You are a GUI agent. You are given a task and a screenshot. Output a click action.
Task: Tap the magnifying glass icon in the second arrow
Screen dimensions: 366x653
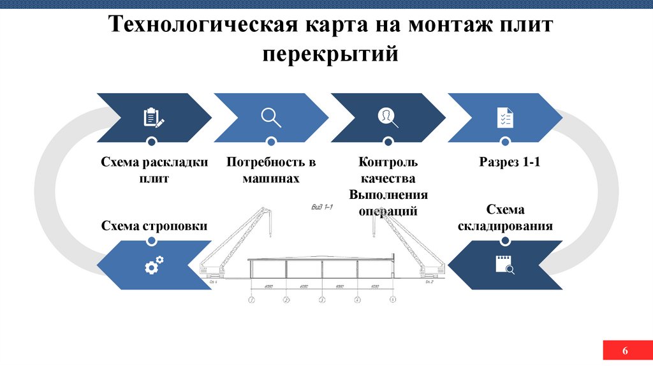click(271, 117)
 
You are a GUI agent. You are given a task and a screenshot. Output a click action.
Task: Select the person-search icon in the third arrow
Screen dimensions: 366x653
click(388, 117)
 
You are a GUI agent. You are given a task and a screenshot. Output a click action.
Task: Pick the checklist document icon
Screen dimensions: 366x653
click(505, 117)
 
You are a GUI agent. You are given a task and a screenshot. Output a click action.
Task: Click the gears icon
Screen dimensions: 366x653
click(154, 265)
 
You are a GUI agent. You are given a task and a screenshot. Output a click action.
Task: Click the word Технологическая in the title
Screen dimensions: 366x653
click(202, 26)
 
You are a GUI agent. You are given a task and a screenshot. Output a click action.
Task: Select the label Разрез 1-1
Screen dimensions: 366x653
click(510, 163)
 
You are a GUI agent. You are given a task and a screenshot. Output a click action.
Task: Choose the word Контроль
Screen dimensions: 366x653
click(388, 163)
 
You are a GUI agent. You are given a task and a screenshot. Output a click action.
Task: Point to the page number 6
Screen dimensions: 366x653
click(625, 351)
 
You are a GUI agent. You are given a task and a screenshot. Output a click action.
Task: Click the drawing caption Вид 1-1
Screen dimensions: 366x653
click(323, 207)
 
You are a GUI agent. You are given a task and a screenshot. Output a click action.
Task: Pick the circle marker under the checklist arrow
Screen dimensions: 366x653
click(505, 142)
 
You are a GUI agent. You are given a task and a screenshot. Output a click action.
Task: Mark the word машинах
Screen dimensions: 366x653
click(270, 179)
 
